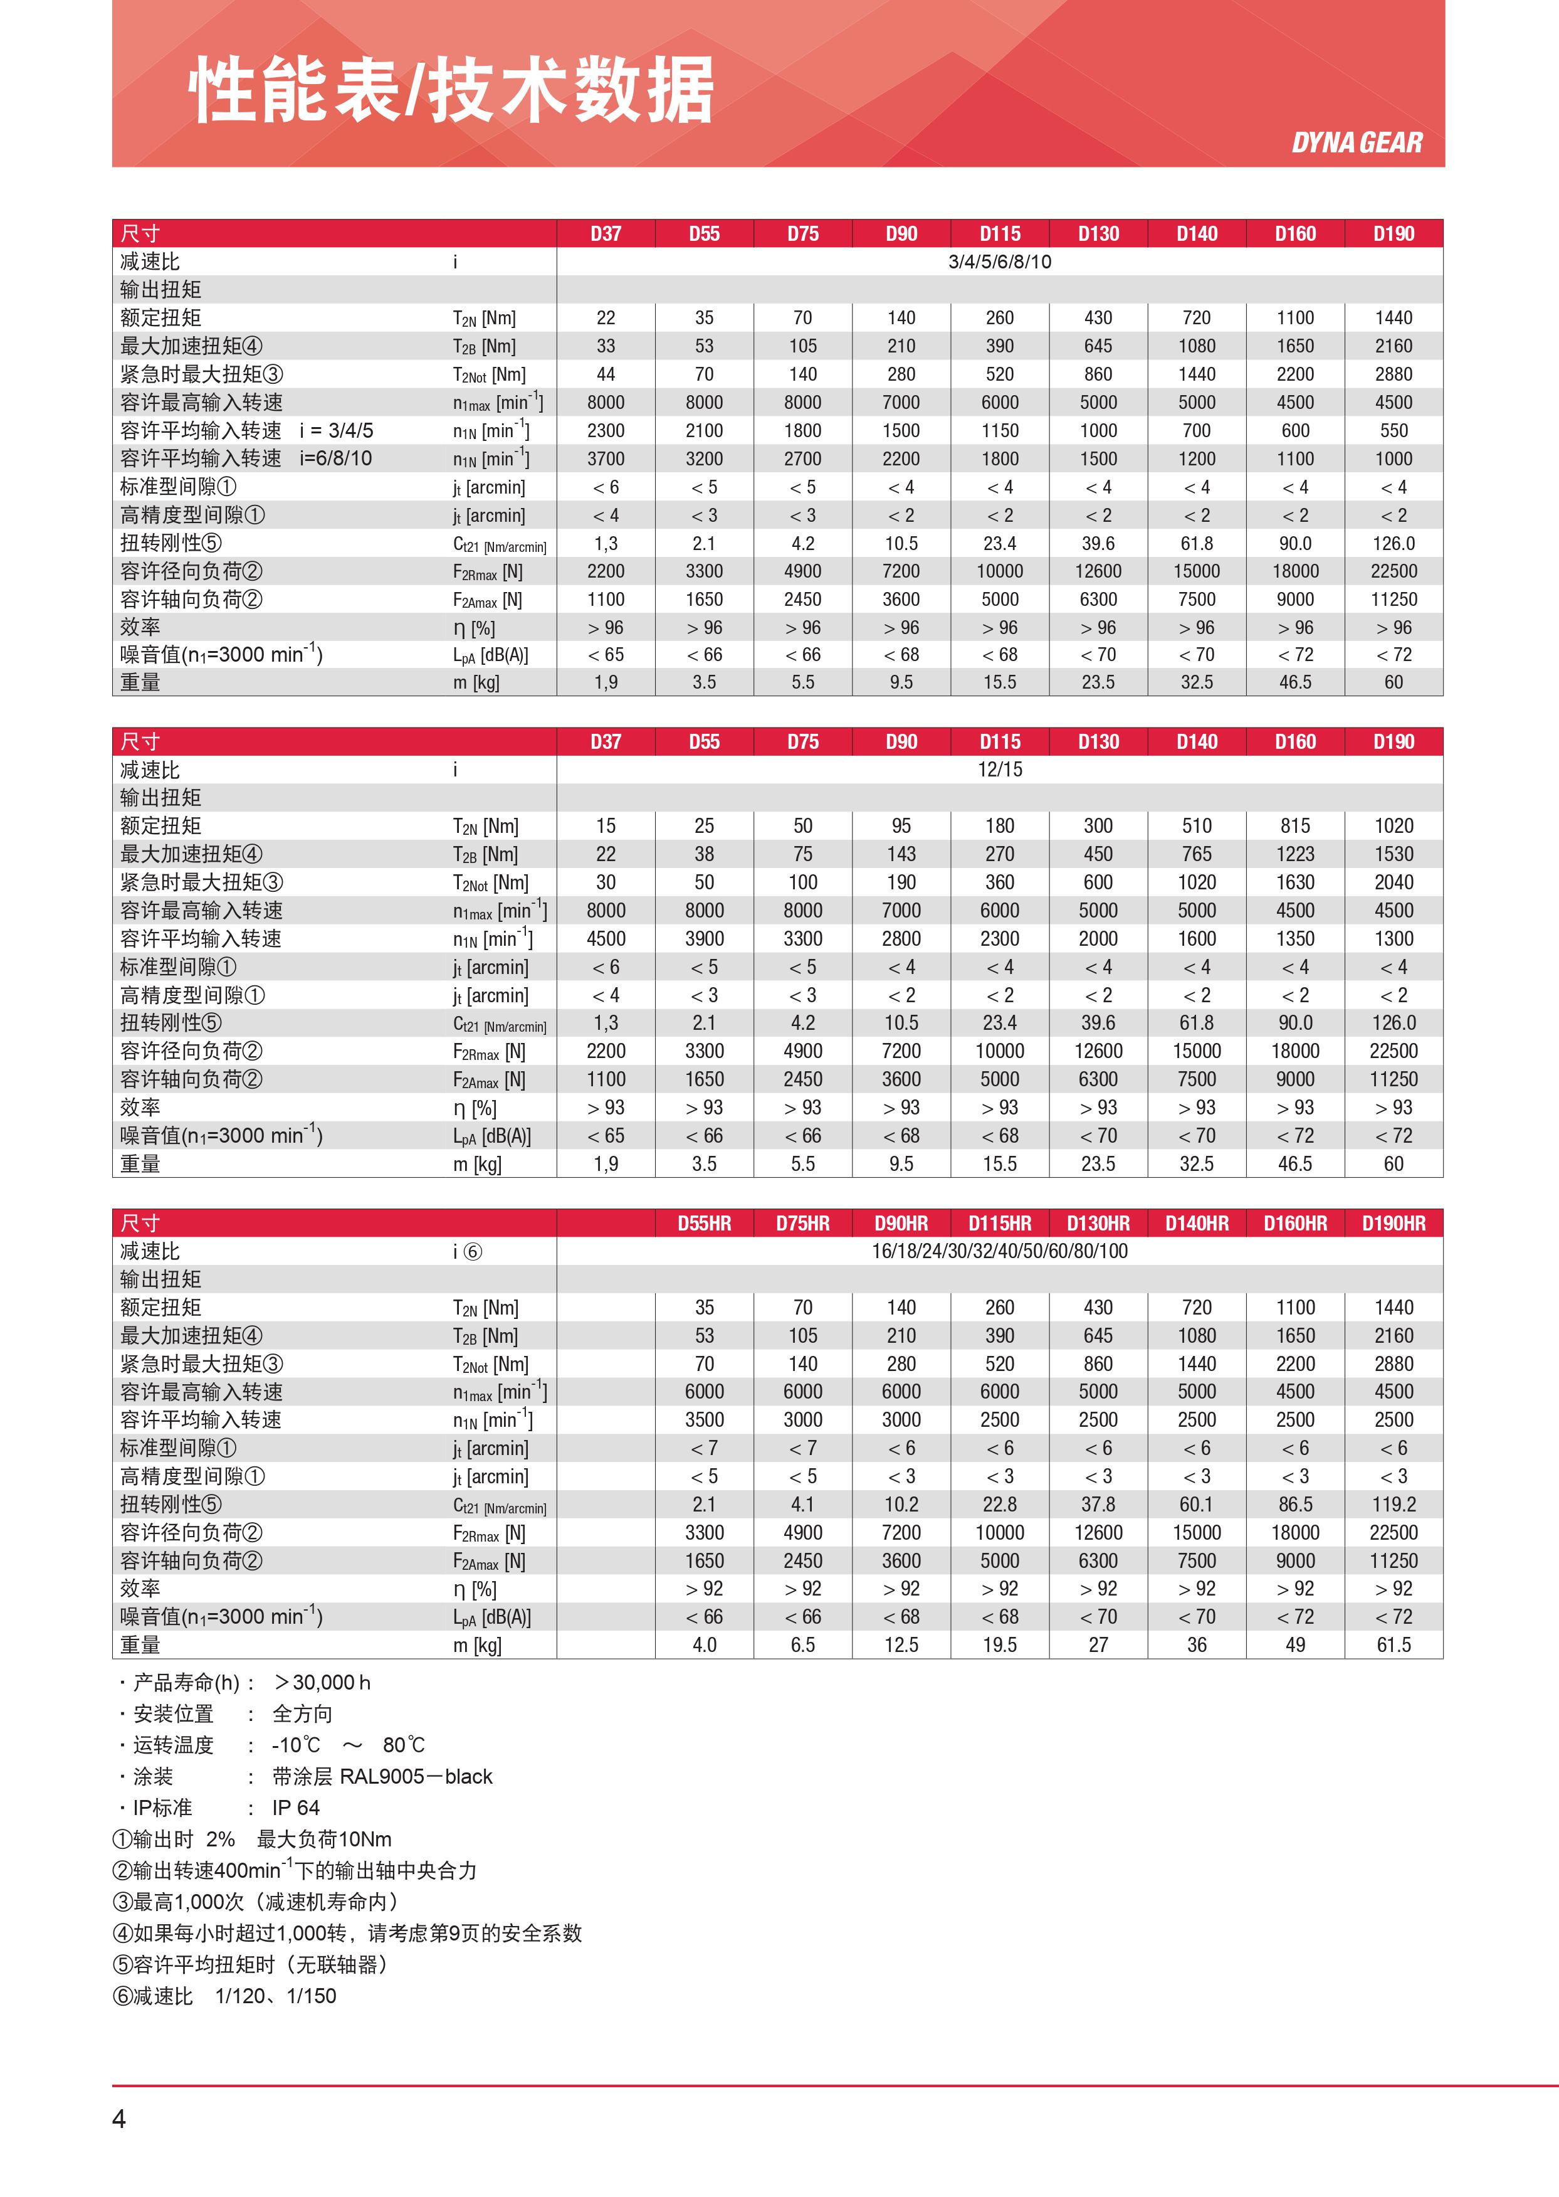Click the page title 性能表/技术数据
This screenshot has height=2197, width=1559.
tap(451, 90)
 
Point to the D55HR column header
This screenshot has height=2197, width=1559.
tap(704, 1224)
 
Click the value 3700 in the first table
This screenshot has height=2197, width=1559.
tap(606, 459)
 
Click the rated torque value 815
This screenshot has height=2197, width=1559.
tap(1295, 826)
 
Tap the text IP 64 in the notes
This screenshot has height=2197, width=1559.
tap(296, 1808)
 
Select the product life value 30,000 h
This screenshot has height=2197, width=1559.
tap(323, 1682)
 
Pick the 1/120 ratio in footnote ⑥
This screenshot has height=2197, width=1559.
tap(240, 1996)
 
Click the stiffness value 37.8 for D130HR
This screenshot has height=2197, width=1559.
tap(1098, 1505)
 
